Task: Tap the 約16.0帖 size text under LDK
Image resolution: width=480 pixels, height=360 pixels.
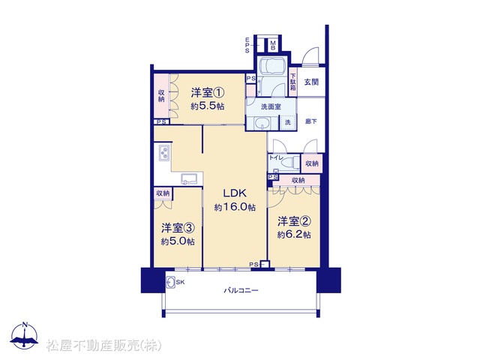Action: point(235,207)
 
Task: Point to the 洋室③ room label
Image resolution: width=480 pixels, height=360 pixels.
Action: point(178,228)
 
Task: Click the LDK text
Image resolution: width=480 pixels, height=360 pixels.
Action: point(235,193)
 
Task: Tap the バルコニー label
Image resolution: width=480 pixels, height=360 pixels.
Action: point(241,290)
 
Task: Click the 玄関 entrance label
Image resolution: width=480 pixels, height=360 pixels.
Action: point(311,82)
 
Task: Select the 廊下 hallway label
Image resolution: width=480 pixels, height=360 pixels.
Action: point(311,121)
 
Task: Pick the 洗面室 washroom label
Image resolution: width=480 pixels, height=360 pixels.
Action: point(271,106)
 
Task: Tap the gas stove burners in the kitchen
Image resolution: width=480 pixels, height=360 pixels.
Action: point(163,152)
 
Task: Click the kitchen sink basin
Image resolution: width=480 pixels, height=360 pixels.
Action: point(190,178)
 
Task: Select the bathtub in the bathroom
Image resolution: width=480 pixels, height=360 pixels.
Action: point(272,66)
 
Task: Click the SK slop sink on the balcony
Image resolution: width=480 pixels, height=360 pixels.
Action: point(170,282)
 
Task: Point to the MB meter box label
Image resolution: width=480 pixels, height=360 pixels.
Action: point(273,46)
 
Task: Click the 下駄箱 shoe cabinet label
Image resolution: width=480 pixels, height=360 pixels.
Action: point(293,82)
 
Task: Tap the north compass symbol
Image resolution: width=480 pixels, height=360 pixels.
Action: point(24,335)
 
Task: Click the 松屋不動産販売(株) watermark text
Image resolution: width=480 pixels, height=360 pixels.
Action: point(104,345)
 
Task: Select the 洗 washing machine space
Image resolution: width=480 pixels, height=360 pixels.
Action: point(288,122)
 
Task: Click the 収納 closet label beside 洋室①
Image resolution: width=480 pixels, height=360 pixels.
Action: point(161,95)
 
